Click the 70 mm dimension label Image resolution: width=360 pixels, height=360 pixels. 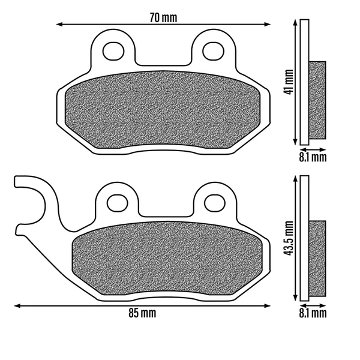(x=163, y=17)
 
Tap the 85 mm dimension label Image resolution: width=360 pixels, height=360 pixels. (x=142, y=313)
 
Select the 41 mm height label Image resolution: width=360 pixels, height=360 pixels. (x=289, y=82)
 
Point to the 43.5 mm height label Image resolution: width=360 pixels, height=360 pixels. (x=289, y=238)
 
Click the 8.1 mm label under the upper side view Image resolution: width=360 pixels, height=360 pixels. (x=313, y=157)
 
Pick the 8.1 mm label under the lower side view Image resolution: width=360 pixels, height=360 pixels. (x=313, y=313)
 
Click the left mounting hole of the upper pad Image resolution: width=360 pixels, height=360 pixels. (x=113, y=51)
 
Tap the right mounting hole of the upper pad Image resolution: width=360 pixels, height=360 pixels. (x=213, y=51)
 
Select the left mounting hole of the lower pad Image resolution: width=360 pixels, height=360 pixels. (x=118, y=203)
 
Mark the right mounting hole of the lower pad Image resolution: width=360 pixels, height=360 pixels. (x=215, y=203)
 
